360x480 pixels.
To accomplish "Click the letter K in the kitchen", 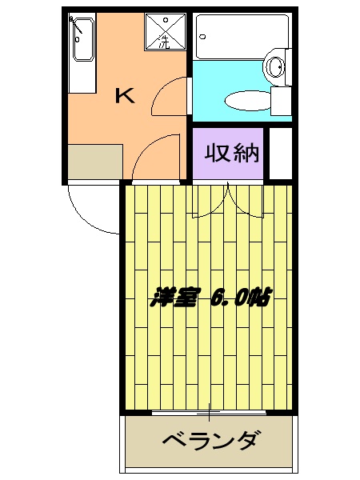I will (124, 97).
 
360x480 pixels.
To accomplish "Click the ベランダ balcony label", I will (210, 441).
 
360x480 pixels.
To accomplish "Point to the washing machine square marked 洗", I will (165, 33).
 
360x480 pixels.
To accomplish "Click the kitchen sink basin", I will (82, 40).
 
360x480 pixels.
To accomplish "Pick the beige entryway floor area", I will (94, 162).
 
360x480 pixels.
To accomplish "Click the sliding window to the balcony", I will (210, 413).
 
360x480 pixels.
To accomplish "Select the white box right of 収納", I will (280, 152).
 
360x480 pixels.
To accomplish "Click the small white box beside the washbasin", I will (280, 101).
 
